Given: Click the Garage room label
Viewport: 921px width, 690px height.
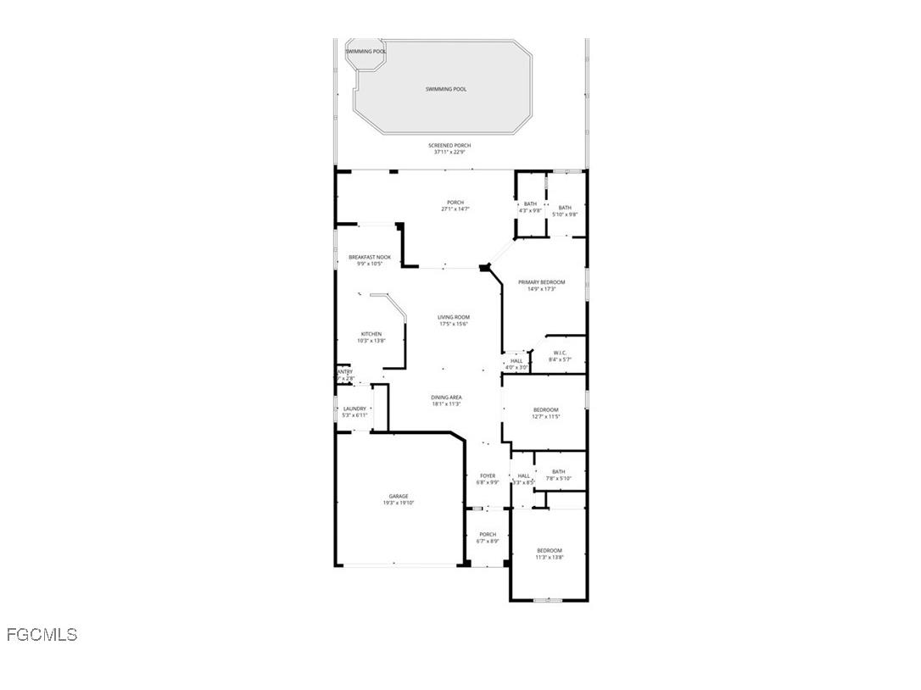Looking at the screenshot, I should pos(399,496).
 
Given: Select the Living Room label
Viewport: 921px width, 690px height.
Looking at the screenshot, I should pos(454,317).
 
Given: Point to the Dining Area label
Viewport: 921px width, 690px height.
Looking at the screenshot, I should pos(446,398).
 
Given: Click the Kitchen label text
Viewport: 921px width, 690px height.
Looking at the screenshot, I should pos(371,334).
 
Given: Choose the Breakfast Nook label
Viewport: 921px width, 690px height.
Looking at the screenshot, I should pos(370,257).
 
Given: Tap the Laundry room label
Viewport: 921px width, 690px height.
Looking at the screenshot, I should pos(354,409).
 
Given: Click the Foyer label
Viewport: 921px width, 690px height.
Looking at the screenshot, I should pos(488,476).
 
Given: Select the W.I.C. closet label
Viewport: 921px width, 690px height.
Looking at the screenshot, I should pos(560,353).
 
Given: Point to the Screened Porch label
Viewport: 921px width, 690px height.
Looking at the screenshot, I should pos(449,146).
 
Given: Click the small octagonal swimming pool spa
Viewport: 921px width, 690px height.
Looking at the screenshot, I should pos(366,52).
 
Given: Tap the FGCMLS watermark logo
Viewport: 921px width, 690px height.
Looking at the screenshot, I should pos(42,634).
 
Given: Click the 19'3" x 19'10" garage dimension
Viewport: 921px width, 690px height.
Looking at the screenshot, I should pos(399,503).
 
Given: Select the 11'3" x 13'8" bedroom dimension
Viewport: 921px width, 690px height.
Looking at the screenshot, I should pos(549,558).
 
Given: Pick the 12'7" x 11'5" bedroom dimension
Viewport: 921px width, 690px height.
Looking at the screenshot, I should pos(545,417).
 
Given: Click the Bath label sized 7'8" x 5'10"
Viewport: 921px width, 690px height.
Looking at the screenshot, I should pos(558,472).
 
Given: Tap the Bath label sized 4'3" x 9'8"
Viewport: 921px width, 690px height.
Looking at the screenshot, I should pos(530,203).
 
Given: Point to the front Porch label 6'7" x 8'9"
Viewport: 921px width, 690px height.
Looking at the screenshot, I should pos(488,534).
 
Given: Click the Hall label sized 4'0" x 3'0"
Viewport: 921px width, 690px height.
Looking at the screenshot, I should pos(516,361).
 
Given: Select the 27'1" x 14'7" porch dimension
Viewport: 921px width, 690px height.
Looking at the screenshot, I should pos(455,209).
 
